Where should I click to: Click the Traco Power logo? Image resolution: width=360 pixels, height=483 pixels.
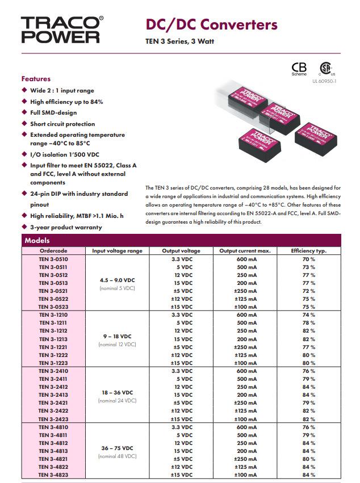(x=62, y=30)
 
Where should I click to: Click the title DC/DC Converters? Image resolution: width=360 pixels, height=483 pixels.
(x=212, y=24)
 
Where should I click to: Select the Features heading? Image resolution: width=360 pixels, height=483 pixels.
(x=36, y=79)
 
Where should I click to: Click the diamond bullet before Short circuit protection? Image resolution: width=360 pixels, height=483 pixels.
(x=24, y=123)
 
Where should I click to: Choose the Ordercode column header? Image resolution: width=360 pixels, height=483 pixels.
(x=53, y=250)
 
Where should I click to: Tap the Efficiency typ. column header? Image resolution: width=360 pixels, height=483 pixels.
(x=308, y=250)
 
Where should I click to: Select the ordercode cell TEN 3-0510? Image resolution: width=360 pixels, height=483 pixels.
(x=53, y=259)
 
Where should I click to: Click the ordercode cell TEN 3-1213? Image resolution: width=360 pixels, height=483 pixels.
(x=53, y=339)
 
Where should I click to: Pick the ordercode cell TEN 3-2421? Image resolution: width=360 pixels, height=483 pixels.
(x=53, y=403)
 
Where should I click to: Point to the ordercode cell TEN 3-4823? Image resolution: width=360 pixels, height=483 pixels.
(x=53, y=474)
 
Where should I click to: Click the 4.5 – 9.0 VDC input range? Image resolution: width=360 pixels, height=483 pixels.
(x=118, y=280)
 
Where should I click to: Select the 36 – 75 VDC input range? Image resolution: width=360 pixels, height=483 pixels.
(x=118, y=448)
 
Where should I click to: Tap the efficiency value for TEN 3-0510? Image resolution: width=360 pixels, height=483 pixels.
(x=308, y=259)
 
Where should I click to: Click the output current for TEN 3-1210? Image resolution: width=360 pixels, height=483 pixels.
(x=245, y=314)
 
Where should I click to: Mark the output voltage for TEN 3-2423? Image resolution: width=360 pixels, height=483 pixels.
(x=182, y=419)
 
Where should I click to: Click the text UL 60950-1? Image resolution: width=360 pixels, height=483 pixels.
(x=324, y=81)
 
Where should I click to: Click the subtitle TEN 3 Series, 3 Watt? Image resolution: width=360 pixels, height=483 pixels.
(x=181, y=41)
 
